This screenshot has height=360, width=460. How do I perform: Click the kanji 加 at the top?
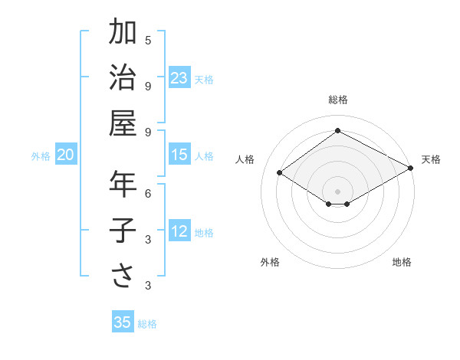[123, 33]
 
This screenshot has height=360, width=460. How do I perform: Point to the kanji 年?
[123, 185]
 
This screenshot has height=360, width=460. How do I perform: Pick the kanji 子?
[123, 231]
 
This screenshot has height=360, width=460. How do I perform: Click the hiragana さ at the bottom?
[123, 276]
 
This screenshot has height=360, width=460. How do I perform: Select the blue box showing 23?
[179, 77]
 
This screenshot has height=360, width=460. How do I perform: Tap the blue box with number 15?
[179, 155]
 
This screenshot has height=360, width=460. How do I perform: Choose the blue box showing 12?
[179, 231]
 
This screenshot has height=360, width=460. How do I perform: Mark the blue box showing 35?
[123, 322]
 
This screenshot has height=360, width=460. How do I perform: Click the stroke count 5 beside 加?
[148, 40]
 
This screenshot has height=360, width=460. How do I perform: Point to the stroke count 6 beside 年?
[148, 193]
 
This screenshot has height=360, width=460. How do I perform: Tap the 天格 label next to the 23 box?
[204, 79]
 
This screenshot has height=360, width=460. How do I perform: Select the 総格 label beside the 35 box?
[147, 324]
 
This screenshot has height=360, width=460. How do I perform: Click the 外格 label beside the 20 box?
[41, 156]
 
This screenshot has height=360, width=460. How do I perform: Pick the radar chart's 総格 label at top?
[337, 100]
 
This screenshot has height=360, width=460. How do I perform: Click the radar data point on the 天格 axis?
[411, 169]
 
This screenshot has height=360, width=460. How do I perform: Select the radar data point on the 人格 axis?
[280, 173]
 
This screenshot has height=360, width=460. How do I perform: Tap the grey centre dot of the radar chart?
[337, 190]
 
